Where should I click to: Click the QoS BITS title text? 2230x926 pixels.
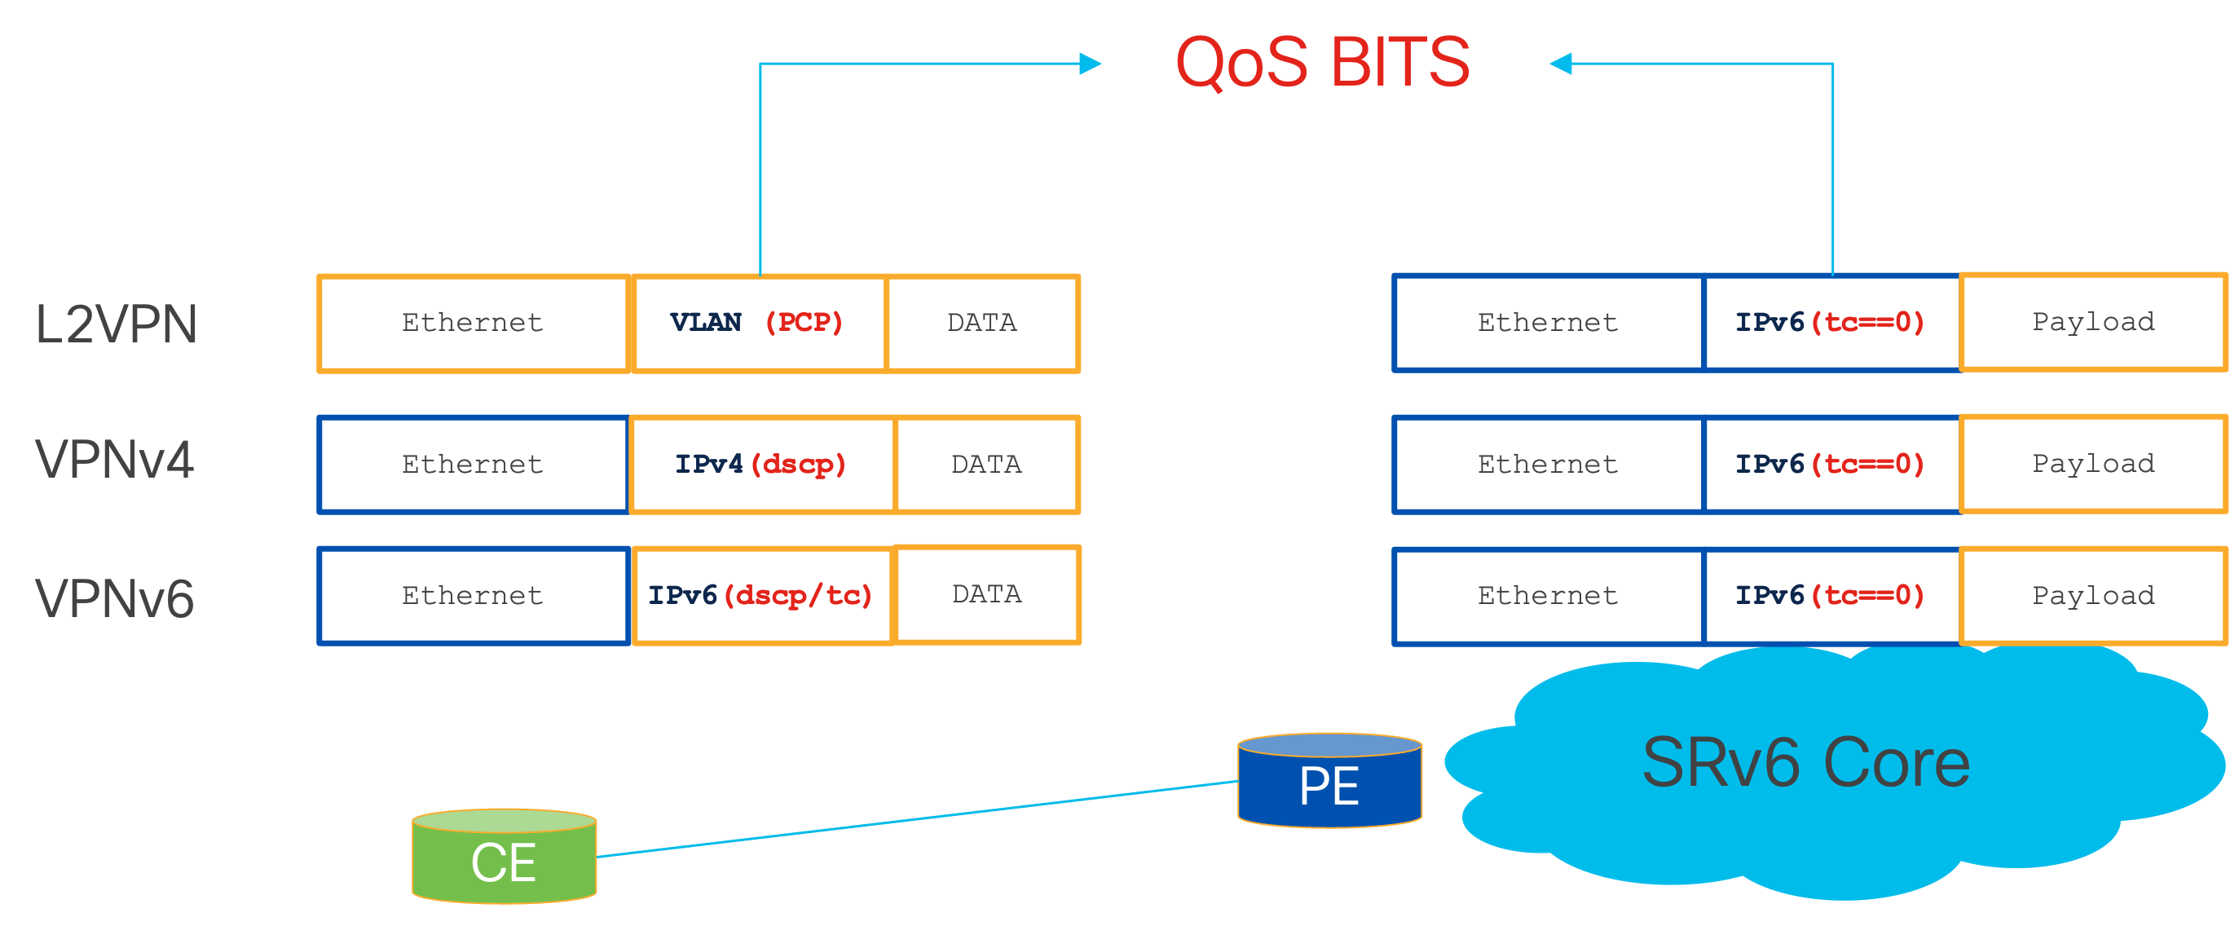1322,62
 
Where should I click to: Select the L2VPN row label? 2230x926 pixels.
117,324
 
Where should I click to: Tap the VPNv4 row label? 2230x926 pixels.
114,460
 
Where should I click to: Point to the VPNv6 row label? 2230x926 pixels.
114,599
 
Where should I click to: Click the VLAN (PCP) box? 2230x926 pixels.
758,324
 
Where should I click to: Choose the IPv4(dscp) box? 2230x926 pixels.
761,465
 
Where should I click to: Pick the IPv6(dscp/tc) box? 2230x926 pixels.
761,595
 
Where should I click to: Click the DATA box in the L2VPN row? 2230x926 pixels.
982,324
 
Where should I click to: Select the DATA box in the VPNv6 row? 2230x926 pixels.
987,594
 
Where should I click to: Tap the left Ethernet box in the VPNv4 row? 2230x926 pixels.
473,465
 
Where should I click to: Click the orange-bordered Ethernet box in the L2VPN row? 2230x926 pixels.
473,324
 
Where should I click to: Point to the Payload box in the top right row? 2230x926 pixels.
2092,322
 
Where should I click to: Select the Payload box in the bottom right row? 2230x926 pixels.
2092,595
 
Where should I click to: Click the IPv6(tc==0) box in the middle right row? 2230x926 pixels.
1830,465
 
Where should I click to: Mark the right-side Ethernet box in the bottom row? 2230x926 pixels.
1547,595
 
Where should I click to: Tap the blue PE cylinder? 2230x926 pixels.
1329,783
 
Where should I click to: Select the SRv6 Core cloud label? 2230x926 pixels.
1806,763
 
